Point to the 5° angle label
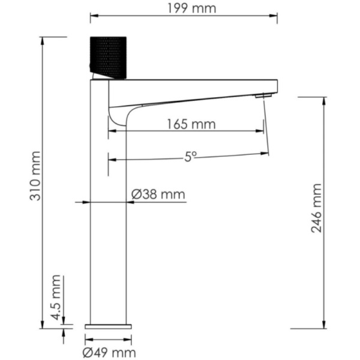pyautogui.click(x=190, y=157)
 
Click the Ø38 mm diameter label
pyautogui.click(x=158, y=194)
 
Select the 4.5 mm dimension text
pyautogui.click(x=55, y=298)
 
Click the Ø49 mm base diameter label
pyautogui.click(x=109, y=352)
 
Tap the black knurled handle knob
pyautogui.click(x=108, y=58)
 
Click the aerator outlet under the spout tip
pyautogui.click(x=261, y=95)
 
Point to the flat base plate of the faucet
pyautogui.click(x=108, y=326)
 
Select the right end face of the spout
pyautogui.click(x=277, y=87)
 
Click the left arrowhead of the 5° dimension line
pyautogui.click(x=111, y=160)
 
